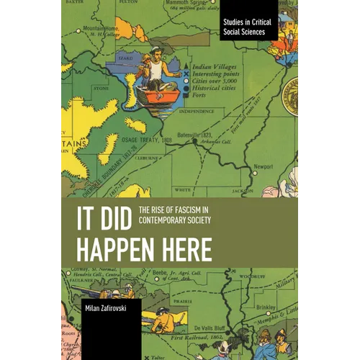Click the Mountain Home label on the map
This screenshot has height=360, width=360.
(x=98, y=28)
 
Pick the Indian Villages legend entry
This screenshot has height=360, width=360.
(x=218, y=66)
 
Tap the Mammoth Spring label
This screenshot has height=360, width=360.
(x=181, y=4)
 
